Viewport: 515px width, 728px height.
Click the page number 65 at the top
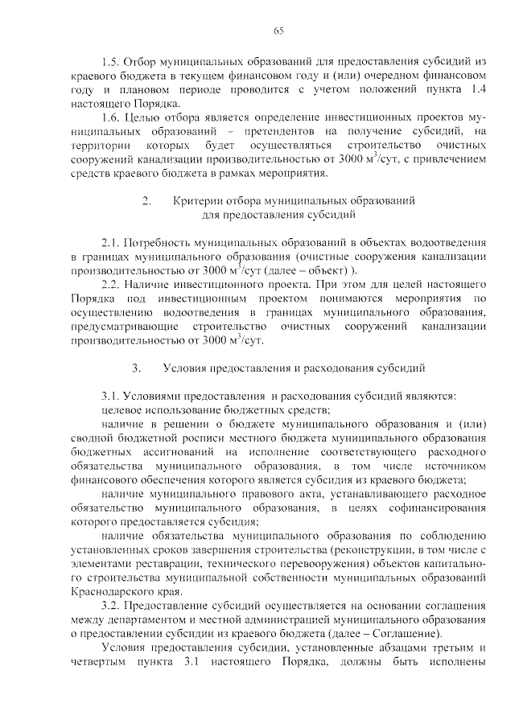tap(278, 31)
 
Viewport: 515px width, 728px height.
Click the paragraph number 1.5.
tap(110, 61)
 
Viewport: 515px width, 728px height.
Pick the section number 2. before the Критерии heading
tap(146, 200)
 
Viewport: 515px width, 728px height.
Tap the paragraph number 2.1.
tap(110, 242)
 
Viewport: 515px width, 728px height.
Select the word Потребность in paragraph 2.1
tap(158, 242)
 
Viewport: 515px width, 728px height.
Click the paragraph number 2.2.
tap(110, 284)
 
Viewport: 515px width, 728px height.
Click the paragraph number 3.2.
tap(110, 606)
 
